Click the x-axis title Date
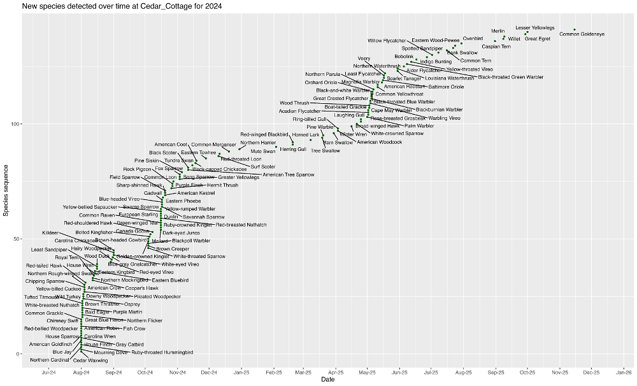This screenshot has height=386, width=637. pos(327,380)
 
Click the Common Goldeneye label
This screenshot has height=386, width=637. pos(582,34)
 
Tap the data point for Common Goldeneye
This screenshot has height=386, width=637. pos(575,29)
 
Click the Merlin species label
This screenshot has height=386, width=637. pos(498,31)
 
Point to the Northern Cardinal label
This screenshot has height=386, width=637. pos(49,360)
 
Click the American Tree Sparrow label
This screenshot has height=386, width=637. pos(289,175)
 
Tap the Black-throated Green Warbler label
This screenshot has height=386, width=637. pos(511,77)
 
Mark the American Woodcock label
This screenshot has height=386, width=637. pos(380,142)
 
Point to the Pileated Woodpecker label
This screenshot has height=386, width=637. pos(157,296)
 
